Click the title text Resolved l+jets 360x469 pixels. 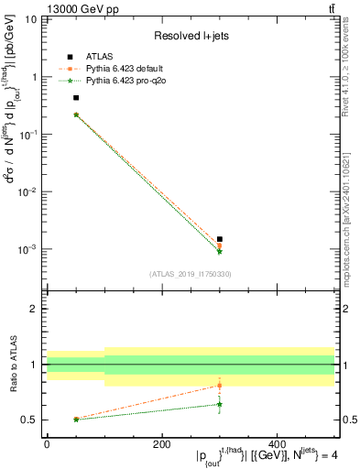190,36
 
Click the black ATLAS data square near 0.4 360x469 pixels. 76,97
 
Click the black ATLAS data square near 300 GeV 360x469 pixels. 220,239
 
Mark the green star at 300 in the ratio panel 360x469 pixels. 220,404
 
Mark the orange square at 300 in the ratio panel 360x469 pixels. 220,385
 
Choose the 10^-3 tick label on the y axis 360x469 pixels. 29,249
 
